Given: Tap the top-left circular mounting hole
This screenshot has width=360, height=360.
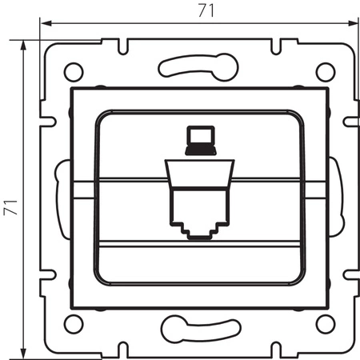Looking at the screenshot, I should [x=73, y=70].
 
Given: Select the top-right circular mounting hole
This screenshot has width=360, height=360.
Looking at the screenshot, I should [x=324, y=70].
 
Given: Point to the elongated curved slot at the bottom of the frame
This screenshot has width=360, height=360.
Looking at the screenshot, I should [x=198, y=327].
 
